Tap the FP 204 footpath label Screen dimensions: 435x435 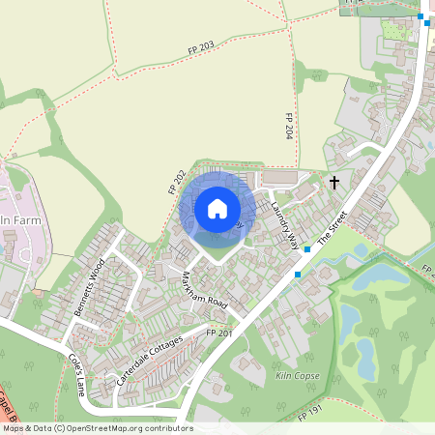click(x=288, y=127)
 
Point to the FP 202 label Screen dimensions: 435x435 click(x=177, y=180)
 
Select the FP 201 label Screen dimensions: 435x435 click(x=220, y=333)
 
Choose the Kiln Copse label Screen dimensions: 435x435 click(x=296, y=373)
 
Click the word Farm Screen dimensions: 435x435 click(x=31, y=221)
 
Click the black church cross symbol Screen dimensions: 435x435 click(x=334, y=182)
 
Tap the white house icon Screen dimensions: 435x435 click(x=217, y=208)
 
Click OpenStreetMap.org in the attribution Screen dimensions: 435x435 click(x=106, y=428)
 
